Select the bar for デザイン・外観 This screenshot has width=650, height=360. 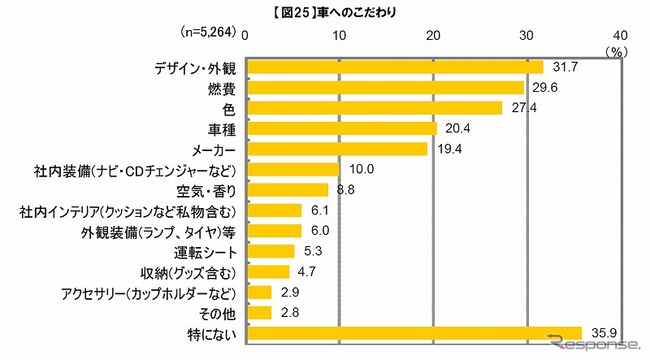click(x=395, y=67)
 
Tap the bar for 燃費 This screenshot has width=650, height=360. click(x=385, y=87)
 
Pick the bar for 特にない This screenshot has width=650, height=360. click(x=414, y=332)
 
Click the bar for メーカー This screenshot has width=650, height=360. click(x=337, y=149)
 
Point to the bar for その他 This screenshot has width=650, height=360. click(x=259, y=312)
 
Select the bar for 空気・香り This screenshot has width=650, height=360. click(x=288, y=189)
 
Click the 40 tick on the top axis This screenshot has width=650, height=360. click(x=620, y=35)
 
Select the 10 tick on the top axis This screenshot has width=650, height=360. click(x=340, y=35)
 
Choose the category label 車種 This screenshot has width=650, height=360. click(x=222, y=128)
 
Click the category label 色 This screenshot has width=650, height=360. click(x=231, y=108)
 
